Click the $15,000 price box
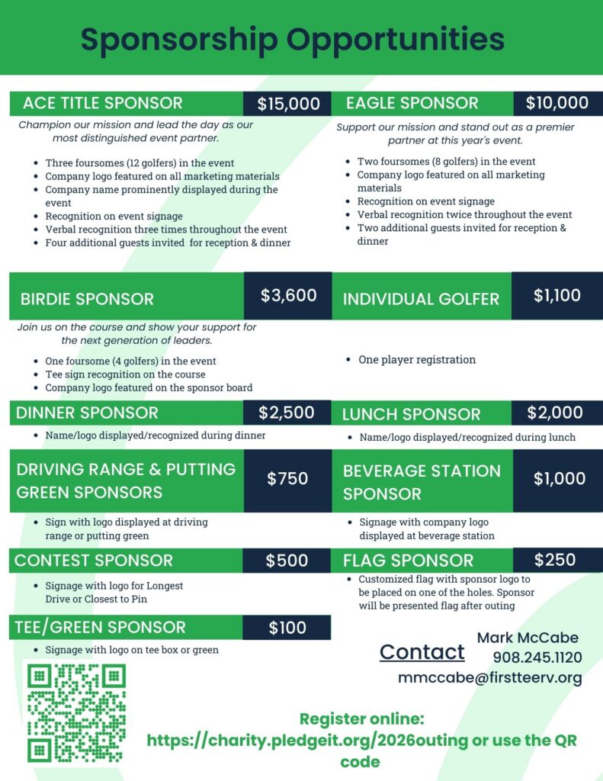pos(287,104)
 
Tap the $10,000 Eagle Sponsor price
pos(557,103)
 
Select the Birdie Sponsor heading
pos(87,298)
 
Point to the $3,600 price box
pos(288,296)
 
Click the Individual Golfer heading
pos(421,298)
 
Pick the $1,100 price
pos(556,296)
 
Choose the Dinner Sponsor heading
pos(87,413)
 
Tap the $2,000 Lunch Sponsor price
pos(555,413)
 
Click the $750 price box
pos(287,479)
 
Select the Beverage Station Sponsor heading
pos(422,481)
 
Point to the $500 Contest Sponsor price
pos(287,561)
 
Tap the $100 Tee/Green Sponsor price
pos(287,628)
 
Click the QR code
pos(76,712)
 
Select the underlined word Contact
pos(422,652)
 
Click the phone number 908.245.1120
pos(537,657)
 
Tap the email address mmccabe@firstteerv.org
pos(489,677)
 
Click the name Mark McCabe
pos(528,638)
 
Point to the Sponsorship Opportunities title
pos(293,38)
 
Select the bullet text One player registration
pos(417,359)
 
